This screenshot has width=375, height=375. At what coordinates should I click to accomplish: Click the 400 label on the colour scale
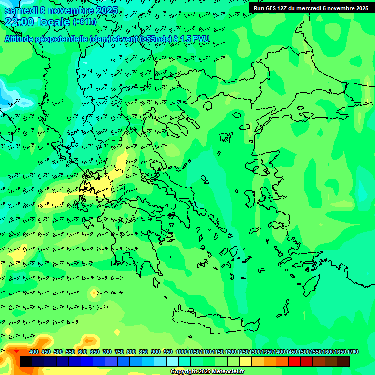click(x=34, y=352)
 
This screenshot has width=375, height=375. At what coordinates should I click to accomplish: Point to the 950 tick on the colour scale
click(x=168, y=352)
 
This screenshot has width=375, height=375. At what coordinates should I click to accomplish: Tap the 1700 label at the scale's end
click(x=353, y=352)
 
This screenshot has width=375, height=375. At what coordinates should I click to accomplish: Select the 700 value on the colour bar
click(x=107, y=352)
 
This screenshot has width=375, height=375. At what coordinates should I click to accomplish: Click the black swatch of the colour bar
click(x=26, y=362)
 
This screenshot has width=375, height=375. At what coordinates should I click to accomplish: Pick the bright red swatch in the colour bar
click(x=294, y=362)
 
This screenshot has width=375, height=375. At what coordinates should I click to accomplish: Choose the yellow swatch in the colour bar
click(x=246, y=362)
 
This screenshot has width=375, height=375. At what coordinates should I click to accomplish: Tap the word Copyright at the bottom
click(x=185, y=372)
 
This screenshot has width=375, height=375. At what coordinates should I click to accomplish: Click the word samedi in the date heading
click(x=21, y=11)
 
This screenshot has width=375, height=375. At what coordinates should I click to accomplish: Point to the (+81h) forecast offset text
click(x=84, y=22)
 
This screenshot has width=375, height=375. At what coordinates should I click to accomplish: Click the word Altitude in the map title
click(x=19, y=39)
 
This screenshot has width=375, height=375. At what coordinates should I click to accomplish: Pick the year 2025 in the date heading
click(x=107, y=11)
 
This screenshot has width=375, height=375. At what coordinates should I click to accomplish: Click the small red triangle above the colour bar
click(x=17, y=351)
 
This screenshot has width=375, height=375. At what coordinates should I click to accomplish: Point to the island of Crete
click(x=215, y=320)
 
